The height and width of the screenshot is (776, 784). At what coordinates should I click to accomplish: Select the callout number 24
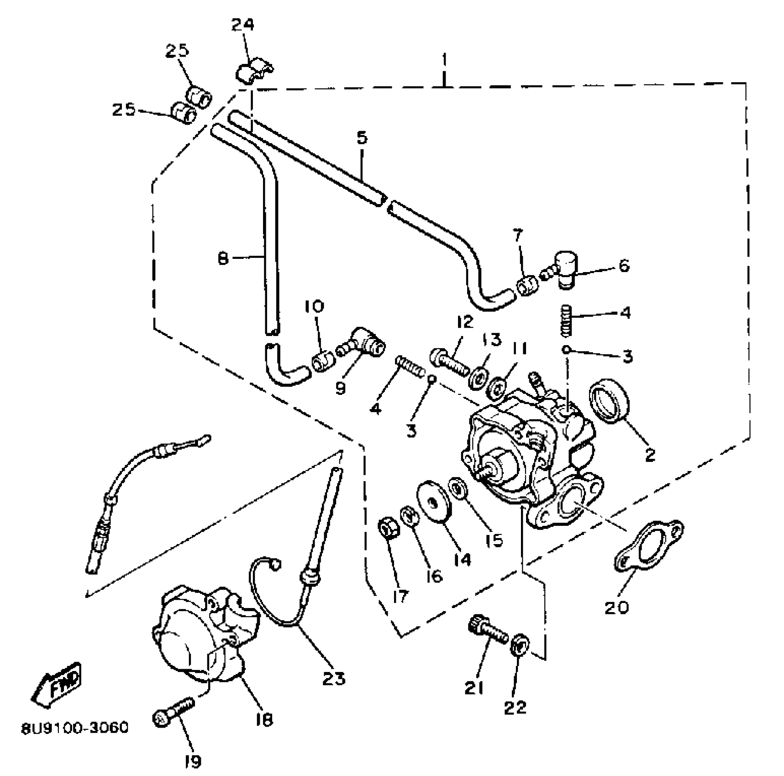[242, 25]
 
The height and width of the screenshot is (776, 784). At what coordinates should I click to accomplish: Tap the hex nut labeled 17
[389, 529]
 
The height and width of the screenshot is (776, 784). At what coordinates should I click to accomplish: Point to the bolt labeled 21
[487, 630]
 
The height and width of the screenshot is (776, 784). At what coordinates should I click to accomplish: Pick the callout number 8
[223, 259]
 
